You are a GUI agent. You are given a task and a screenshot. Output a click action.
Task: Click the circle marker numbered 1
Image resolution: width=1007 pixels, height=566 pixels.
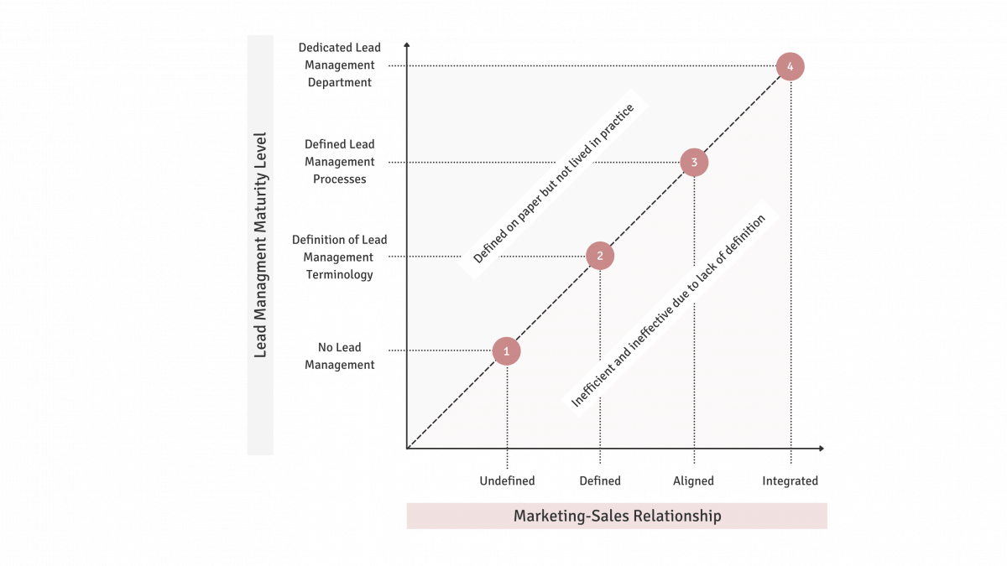(507, 351)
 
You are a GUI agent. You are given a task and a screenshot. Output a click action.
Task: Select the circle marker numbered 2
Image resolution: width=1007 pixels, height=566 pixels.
(600, 256)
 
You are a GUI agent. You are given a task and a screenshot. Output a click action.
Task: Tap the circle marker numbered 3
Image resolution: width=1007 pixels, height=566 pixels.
(694, 162)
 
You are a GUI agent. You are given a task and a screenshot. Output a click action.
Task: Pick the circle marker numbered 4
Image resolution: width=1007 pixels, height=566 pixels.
(790, 66)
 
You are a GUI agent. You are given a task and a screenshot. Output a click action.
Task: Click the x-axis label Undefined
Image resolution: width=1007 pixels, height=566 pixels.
(507, 480)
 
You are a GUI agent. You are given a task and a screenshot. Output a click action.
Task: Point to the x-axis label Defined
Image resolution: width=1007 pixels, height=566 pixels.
(600, 480)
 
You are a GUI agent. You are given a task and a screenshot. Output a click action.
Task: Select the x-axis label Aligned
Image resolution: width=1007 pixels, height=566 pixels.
(693, 480)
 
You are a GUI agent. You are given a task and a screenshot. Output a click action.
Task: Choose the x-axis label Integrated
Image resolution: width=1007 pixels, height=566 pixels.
(790, 480)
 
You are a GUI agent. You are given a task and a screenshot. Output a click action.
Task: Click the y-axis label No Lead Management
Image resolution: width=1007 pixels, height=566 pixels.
(340, 356)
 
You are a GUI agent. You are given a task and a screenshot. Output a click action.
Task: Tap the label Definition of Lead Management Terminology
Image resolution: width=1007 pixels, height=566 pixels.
(340, 257)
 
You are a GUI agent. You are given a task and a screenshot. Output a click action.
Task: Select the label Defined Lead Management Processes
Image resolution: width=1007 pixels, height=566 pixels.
(340, 162)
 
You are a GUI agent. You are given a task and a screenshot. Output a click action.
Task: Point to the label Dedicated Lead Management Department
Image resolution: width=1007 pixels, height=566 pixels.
(340, 65)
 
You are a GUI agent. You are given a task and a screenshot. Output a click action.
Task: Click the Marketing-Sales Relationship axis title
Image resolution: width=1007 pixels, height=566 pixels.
(617, 516)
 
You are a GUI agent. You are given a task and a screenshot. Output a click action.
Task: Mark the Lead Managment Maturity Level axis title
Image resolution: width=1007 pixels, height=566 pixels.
(260, 244)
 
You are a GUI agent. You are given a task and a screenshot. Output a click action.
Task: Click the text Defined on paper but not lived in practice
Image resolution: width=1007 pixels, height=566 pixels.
(554, 184)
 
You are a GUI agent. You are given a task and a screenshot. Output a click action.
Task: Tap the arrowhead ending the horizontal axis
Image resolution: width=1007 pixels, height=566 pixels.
(822, 449)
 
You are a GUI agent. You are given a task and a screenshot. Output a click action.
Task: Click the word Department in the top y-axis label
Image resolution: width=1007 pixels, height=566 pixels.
(340, 83)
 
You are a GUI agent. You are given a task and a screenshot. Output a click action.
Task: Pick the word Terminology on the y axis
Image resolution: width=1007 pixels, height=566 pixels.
(340, 275)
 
